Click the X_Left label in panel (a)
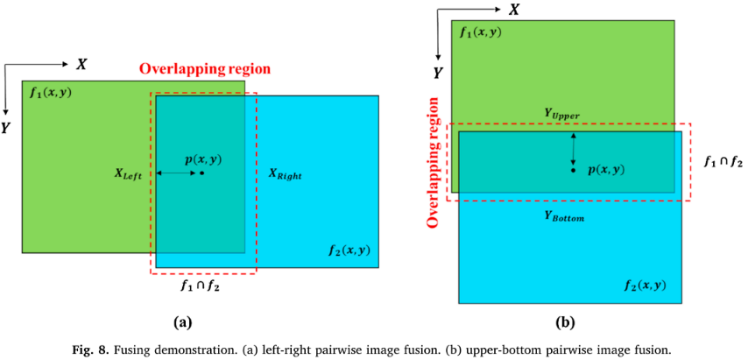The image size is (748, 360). coord(128,174)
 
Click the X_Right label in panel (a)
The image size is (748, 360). coord(285,174)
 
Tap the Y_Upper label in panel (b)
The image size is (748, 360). coord(562,114)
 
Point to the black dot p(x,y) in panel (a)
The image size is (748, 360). coord(201,173)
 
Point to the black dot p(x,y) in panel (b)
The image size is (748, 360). coord(573,169)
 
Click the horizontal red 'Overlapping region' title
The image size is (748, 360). coord(204,68)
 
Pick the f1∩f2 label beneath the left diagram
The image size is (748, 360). coord(200,286)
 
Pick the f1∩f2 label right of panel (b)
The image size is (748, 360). coord(723,162)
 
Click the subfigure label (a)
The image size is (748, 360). coord(183,322)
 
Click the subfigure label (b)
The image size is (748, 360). coord(564,322)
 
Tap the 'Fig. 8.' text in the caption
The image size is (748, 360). coord(93,349)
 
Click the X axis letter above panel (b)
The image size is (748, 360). coord(514,10)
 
